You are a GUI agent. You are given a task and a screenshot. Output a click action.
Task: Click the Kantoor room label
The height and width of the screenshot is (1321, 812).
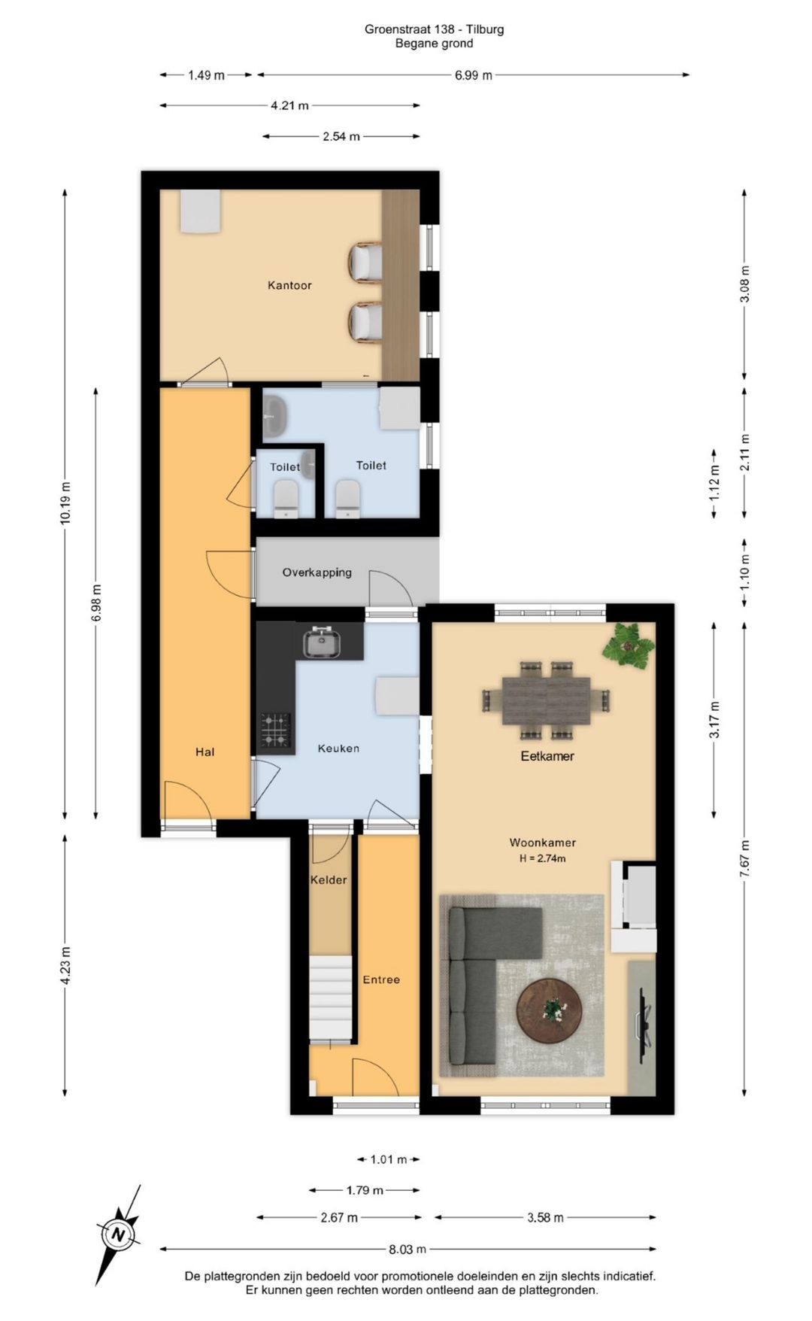click(289, 286)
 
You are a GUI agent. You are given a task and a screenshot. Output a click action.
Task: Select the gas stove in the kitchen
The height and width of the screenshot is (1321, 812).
click(276, 730)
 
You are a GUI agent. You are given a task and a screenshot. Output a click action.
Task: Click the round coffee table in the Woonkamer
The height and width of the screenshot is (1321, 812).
click(550, 1011)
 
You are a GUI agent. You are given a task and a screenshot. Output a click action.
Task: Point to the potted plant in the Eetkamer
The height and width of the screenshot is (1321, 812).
click(629, 645)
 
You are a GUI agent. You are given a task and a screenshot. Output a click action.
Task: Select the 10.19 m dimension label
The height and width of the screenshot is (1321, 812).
click(65, 503)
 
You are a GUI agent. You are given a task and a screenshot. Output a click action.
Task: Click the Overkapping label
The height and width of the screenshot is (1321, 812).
click(317, 572)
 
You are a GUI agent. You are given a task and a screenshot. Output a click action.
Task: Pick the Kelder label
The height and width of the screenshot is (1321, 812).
click(329, 880)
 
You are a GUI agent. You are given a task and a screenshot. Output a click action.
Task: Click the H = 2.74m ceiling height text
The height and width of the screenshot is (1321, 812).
click(543, 858)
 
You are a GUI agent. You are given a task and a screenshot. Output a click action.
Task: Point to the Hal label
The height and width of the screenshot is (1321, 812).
click(205, 752)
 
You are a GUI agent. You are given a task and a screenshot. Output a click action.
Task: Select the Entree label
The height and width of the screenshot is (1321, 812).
click(381, 979)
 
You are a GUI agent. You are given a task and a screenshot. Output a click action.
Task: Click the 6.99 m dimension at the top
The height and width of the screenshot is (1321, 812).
click(474, 75)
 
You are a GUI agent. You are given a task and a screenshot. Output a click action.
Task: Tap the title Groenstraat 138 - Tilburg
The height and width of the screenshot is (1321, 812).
click(435, 29)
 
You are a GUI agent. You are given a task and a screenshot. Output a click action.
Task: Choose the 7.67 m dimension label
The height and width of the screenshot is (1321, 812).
click(745, 858)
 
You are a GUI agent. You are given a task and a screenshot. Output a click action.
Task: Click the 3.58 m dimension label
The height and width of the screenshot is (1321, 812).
click(545, 1218)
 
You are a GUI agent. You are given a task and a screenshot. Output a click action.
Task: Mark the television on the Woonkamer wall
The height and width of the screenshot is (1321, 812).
click(644, 1025)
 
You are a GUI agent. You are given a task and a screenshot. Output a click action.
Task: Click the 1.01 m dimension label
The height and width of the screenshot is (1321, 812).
click(389, 1159)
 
